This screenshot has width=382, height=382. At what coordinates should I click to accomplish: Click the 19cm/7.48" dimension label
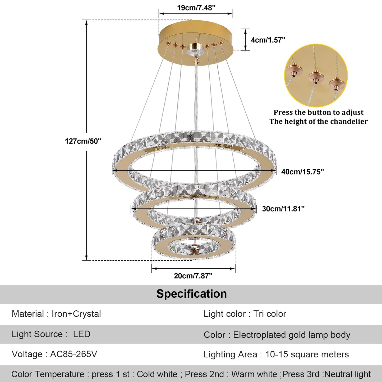[196, 8]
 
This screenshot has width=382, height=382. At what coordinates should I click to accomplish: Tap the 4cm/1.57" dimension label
[268, 40]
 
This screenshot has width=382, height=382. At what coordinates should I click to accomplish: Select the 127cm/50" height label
[83, 141]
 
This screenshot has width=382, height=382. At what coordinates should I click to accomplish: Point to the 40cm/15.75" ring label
[302, 172]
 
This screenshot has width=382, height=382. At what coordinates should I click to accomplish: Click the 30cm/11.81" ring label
[283, 209]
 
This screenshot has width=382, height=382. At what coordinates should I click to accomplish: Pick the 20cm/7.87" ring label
[193, 276]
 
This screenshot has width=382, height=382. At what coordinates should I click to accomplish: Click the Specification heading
[191, 294]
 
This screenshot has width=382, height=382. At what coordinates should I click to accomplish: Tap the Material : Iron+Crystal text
[56, 314]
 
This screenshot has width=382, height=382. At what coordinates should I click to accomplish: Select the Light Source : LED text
[51, 334]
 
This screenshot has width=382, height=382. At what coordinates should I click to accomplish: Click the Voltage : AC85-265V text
[54, 354]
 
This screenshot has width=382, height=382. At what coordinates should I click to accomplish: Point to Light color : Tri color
[245, 314]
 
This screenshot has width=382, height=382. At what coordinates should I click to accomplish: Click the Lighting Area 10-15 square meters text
[276, 354]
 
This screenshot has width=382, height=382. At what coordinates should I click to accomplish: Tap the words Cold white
[157, 374]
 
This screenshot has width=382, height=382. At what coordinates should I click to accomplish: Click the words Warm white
[254, 374]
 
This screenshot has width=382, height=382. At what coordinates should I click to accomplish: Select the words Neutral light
[347, 374]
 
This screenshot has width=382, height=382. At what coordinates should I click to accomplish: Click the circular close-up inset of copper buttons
[316, 76]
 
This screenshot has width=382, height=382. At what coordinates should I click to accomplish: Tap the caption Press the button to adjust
[318, 112]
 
